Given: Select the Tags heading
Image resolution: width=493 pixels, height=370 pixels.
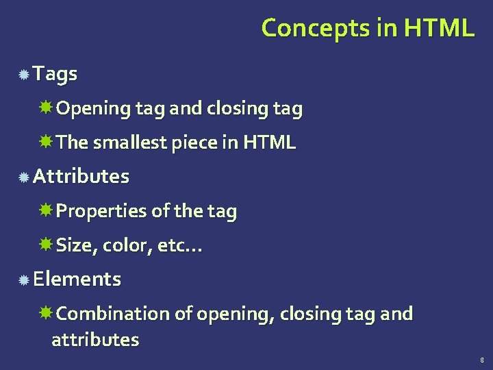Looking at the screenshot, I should tap(55, 73).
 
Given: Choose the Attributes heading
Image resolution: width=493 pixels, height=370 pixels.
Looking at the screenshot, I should tap(81, 176).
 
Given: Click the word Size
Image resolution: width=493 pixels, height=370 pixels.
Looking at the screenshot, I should tap(73, 245).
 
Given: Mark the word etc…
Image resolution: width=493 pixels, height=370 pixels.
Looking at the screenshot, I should tap(179, 245).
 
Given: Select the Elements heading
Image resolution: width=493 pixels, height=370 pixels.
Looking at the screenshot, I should tap(77, 279).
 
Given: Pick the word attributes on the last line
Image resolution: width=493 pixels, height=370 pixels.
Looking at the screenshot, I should tap(95, 339).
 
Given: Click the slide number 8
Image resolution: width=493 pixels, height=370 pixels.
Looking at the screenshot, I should tap(482, 360).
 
